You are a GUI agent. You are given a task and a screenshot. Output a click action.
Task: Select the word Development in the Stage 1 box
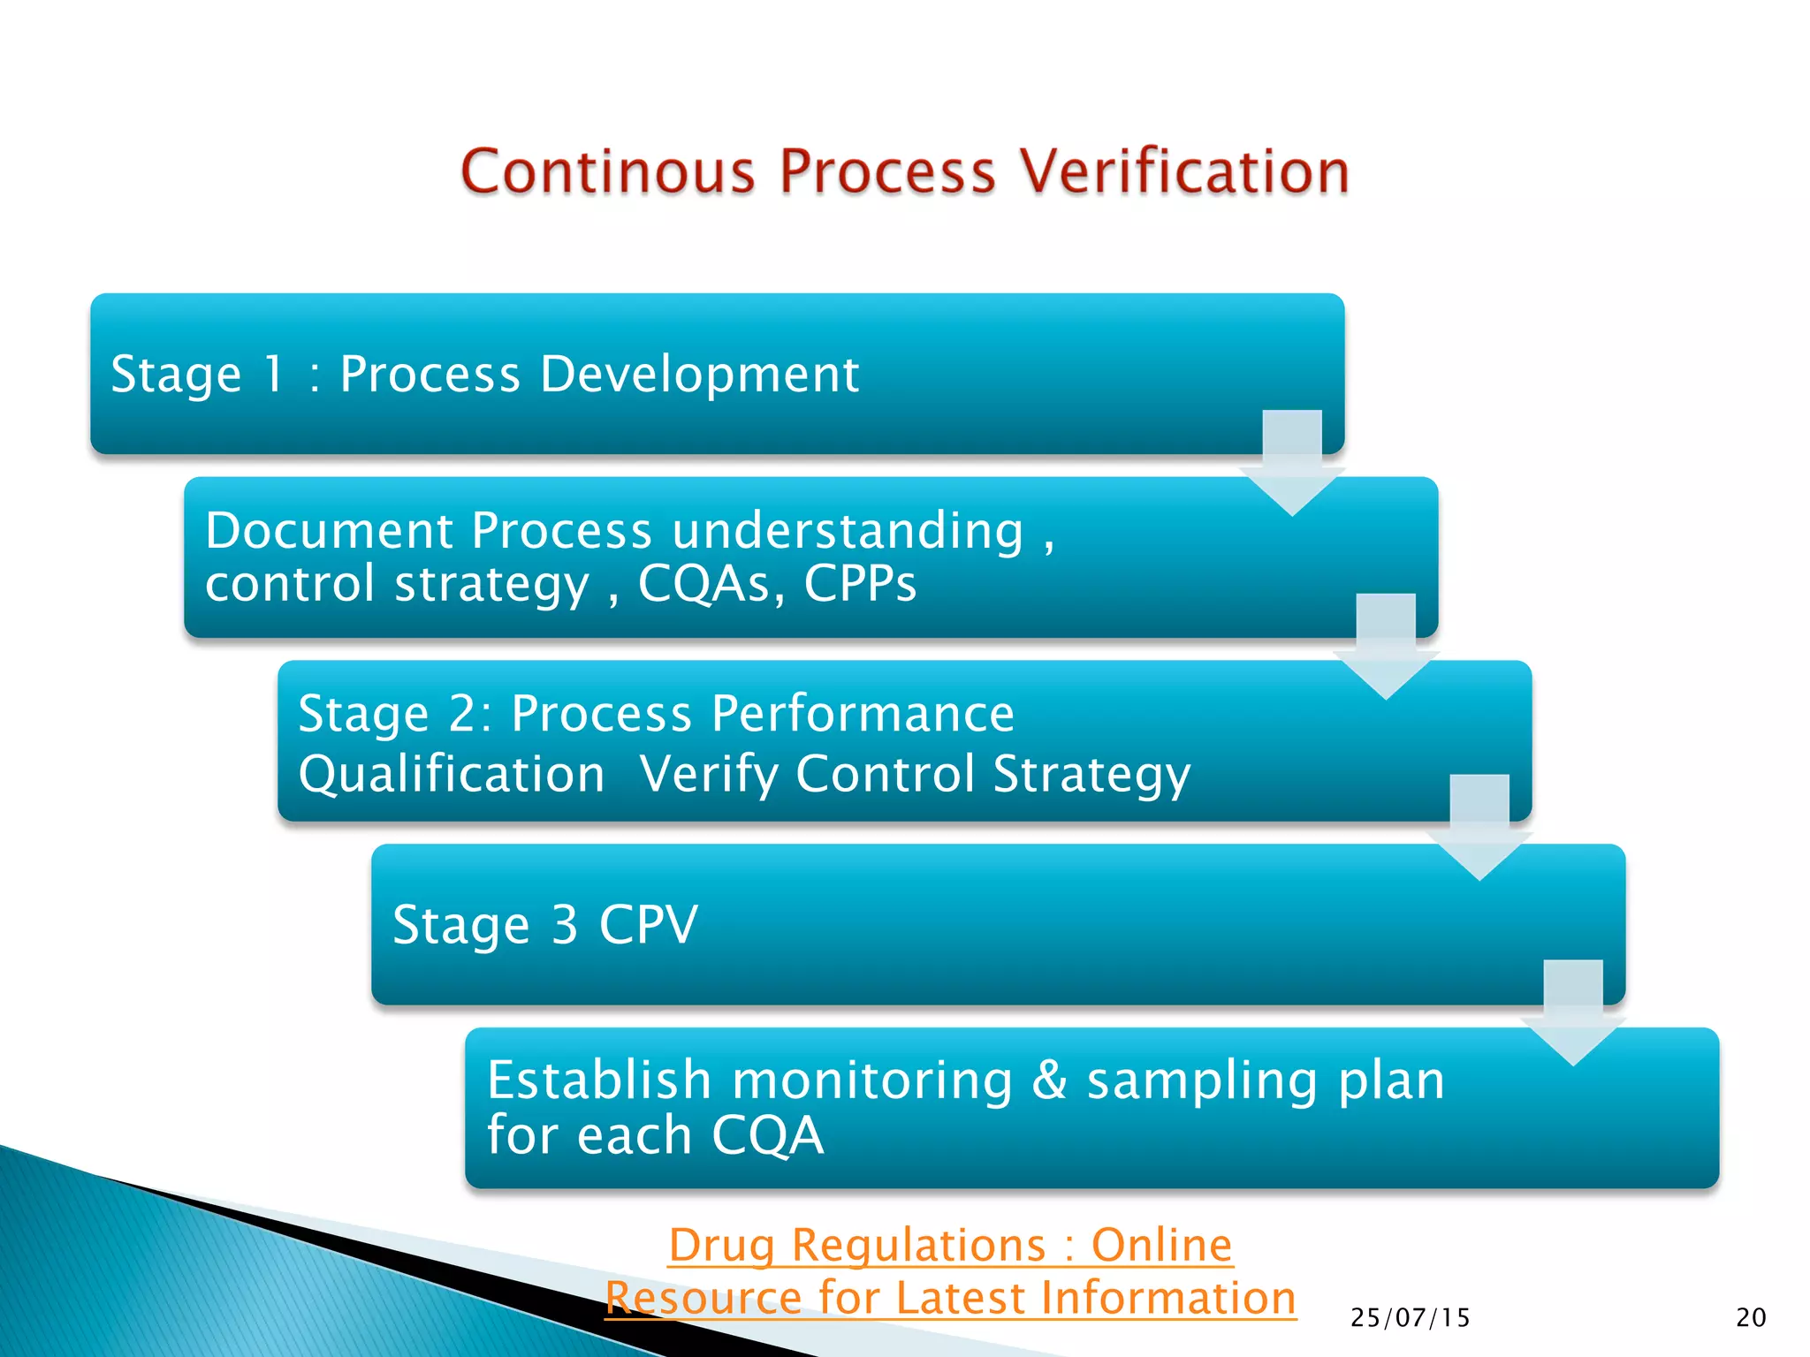pyautogui.click(x=699, y=374)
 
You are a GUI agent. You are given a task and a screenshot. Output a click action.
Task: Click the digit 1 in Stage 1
pyautogui.click(x=273, y=374)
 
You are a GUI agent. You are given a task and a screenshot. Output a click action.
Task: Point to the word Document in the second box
pyautogui.click(x=329, y=530)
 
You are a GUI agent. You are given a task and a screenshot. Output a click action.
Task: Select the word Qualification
pyautogui.click(x=451, y=774)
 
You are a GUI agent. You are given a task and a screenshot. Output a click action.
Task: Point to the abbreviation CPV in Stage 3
pyautogui.click(x=649, y=925)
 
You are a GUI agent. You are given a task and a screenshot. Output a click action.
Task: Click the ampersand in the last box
pyautogui.click(x=1049, y=1080)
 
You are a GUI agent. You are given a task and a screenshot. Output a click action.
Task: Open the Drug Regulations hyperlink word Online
pyautogui.click(x=1161, y=1245)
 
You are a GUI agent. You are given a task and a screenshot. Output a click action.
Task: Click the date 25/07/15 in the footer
pyautogui.click(x=1410, y=1318)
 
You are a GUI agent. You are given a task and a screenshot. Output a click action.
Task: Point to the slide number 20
pyautogui.click(x=1750, y=1318)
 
